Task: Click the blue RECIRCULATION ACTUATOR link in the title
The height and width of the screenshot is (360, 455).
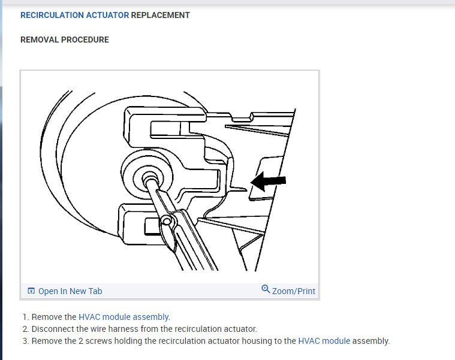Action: coord(74,16)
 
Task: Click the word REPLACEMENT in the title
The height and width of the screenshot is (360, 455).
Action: coord(160,16)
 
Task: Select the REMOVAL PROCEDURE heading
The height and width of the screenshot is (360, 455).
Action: coord(65,40)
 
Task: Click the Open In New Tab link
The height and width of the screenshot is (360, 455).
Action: coord(70,291)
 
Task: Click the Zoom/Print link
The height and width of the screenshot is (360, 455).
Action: coord(293,291)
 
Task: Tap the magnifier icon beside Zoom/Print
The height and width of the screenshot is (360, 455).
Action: coord(266,289)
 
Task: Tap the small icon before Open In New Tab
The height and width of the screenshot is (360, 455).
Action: coord(31,291)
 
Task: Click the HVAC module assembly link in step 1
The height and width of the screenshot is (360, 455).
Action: coord(124,317)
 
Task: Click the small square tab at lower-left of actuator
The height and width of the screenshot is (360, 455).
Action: coord(151,226)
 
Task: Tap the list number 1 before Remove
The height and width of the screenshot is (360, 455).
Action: coord(25,317)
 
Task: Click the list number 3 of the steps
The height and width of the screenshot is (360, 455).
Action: coord(25,341)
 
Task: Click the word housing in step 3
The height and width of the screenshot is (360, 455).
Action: coord(248,341)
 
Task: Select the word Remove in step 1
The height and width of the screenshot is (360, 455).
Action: coord(46,317)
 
